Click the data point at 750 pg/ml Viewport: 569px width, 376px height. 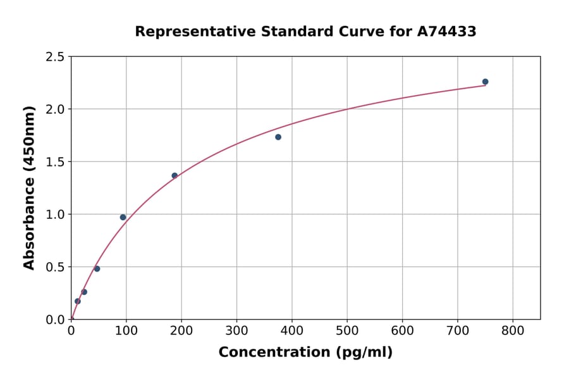[x=485, y=82]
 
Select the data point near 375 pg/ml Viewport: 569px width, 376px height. [x=278, y=137]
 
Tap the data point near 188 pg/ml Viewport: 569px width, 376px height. [x=174, y=175]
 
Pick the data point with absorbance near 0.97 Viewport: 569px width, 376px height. [x=123, y=217]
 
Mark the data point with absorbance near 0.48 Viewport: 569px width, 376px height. [x=97, y=268]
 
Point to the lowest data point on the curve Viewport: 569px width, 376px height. [x=78, y=301]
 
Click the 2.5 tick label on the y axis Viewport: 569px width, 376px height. [x=55, y=57]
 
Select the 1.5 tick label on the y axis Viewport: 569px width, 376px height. [x=55, y=162]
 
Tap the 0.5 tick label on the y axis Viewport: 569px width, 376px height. [x=55, y=267]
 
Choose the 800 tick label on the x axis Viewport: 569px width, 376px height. [x=513, y=330]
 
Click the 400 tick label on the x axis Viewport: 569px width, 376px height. [x=291, y=330]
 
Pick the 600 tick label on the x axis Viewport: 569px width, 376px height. [x=402, y=330]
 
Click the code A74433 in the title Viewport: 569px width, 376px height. [x=447, y=32]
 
